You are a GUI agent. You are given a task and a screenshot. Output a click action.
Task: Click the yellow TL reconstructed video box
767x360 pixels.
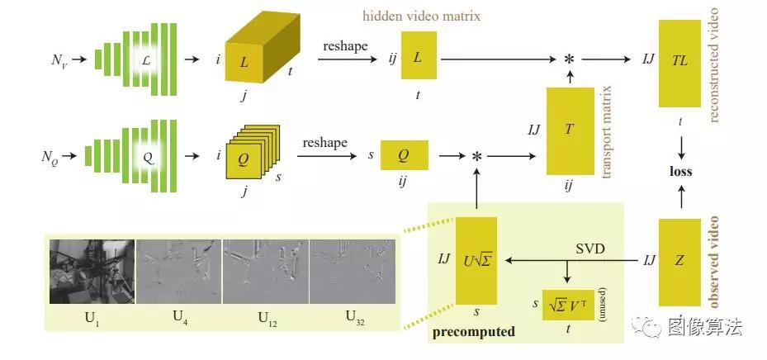click(x=679, y=63)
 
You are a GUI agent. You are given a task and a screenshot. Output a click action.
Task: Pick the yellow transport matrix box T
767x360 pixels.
click(x=570, y=130)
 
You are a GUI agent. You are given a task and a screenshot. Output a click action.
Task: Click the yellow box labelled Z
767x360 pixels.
click(x=679, y=263)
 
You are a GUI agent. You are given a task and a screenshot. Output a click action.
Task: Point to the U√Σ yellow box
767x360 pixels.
click(x=476, y=261)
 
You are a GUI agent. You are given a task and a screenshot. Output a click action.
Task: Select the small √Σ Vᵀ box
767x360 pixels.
click(x=568, y=306)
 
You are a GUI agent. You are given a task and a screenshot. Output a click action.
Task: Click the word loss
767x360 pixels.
click(x=680, y=172)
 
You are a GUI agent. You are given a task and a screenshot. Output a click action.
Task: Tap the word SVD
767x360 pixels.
click(x=590, y=249)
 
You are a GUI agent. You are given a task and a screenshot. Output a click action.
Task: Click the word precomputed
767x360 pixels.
click(x=474, y=332)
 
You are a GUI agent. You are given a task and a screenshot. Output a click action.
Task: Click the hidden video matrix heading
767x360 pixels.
click(x=422, y=17)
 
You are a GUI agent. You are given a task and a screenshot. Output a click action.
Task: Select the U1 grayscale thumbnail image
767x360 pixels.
click(x=92, y=272)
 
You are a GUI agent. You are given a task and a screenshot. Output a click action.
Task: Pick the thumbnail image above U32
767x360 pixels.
click(x=353, y=272)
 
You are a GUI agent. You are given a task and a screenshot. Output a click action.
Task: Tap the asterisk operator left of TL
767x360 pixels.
click(x=569, y=59)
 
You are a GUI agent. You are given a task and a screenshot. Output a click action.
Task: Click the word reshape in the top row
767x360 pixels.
click(x=345, y=46)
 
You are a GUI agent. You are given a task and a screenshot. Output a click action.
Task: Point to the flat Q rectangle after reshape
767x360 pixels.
click(x=405, y=155)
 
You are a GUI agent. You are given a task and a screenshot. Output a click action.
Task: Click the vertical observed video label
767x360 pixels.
click(x=713, y=262)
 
